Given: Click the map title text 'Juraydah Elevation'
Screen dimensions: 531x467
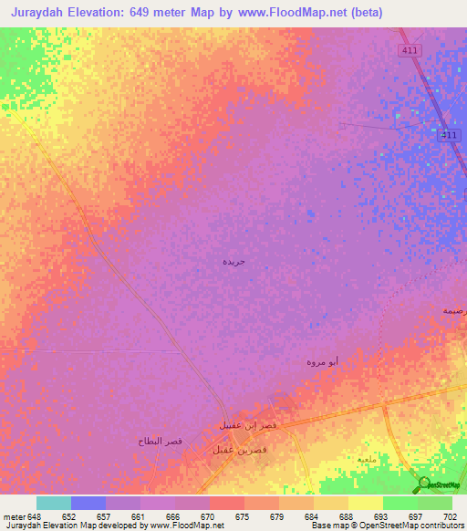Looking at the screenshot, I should coord(81,12).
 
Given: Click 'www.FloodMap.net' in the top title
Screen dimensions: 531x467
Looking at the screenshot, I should coord(296,12).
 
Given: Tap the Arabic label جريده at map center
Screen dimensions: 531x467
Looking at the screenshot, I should coord(234,261).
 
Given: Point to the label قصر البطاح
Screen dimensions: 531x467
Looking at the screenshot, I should coord(161,441).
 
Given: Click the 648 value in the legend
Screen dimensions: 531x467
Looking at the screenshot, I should coord(34,516).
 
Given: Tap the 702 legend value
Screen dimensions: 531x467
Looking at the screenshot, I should coord(450,516).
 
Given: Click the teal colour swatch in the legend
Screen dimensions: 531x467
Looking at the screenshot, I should coord(54,503).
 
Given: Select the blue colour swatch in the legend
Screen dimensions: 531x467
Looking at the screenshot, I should coord(88,503).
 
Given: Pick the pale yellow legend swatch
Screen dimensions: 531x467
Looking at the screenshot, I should coord(366,503).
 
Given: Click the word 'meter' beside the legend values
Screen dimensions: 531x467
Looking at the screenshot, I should coord(13,516).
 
